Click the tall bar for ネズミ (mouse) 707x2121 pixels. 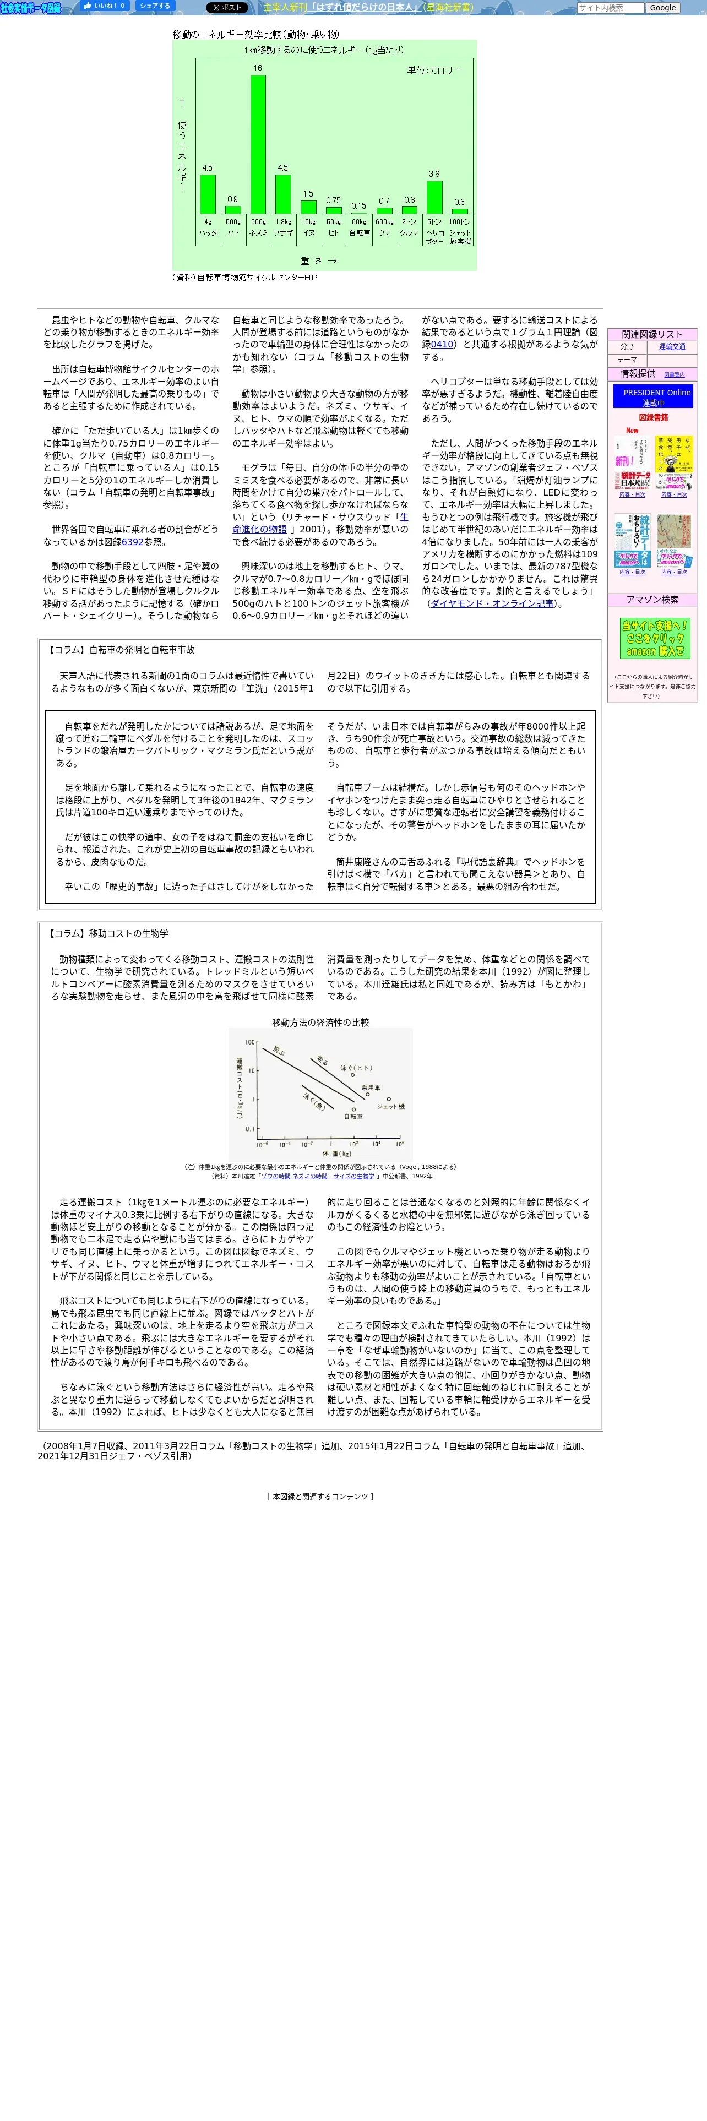(x=258, y=144)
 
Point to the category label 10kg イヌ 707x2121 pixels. (x=308, y=227)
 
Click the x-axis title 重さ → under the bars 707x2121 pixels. (x=318, y=260)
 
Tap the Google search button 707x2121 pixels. (x=662, y=8)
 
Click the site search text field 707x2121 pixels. (x=610, y=8)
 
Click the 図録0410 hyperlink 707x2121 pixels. (x=442, y=344)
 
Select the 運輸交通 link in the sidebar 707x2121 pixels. (x=672, y=347)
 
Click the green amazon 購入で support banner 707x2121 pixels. (x=654, y=638)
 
